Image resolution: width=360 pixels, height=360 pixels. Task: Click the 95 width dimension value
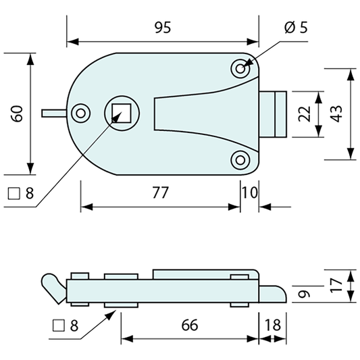pos(163,28)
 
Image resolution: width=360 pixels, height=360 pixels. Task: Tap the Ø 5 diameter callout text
pos(296,28)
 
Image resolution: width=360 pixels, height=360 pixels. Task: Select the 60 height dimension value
pos(17,113)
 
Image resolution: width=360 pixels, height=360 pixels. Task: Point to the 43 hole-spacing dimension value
pos(336,114)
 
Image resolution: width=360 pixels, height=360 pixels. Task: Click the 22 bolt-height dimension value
pos(305,114)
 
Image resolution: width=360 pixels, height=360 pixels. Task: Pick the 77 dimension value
pos(161,192)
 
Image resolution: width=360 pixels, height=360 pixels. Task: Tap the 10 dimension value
pos(250,192)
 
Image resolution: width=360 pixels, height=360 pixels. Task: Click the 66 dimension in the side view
pos(189,325)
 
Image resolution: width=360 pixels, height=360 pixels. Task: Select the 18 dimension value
pos(273,325)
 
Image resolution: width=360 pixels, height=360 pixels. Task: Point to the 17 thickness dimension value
pos(336,286)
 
